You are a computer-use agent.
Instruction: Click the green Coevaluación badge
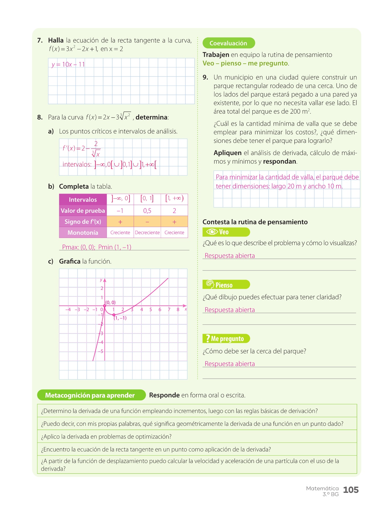tap(228, 43)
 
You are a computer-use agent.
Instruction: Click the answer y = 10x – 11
tap(68, 65)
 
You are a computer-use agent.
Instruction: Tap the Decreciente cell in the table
tap(147, 232)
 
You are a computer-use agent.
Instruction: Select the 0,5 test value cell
tap(147, 211)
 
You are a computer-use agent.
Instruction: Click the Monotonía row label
tap(83, 232)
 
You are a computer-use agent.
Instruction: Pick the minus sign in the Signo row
tap(147, 222)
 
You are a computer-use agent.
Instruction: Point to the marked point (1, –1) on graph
tap(114, 315)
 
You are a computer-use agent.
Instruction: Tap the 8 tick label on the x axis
tap(178, 310)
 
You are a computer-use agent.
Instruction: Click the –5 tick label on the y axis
tap(100, 352)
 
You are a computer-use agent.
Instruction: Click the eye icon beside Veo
tap(212, 232)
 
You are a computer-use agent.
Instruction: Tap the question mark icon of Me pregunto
tap(208, 338)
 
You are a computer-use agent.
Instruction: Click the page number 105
tap(351, 490)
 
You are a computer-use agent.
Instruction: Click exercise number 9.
tap(205, 77)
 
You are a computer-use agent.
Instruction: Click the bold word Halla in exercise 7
tap(56, 41)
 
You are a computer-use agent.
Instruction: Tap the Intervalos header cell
tap(83, 200)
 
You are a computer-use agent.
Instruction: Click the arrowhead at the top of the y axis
tap(105, 280)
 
